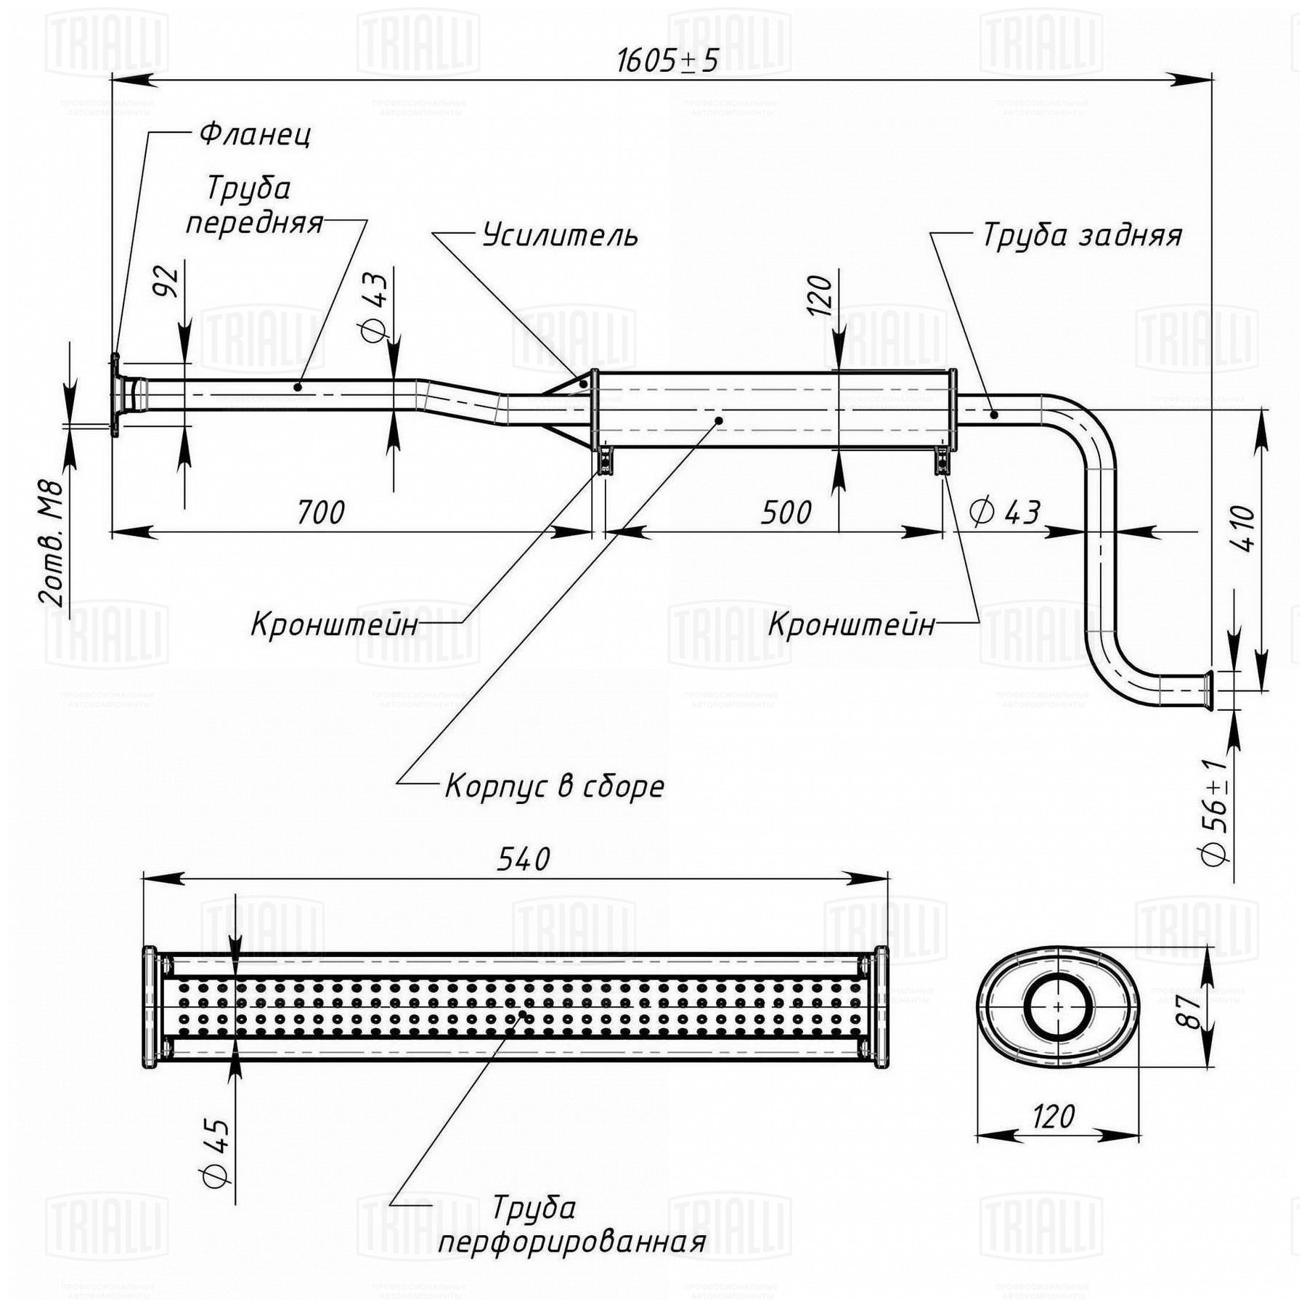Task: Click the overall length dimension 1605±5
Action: [x=667, y=61]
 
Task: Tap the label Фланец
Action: [x=255, y=134]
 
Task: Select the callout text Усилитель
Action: [x=561, y=235]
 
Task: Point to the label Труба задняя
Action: [x=1082, y=235]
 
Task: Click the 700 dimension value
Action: [x=320, y=513]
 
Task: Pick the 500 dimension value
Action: [x=786, y=513]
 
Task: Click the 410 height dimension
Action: [x=1244, y=529]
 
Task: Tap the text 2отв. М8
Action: [x=52, y=545]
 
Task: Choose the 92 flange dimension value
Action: [x=167, y=282]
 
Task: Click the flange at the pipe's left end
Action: [x=115, y=396]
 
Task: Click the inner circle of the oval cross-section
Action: [x=1058, y=1007]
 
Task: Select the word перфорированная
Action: [x=571, y=1242]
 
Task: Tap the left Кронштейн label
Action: [x=335, y=624]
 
